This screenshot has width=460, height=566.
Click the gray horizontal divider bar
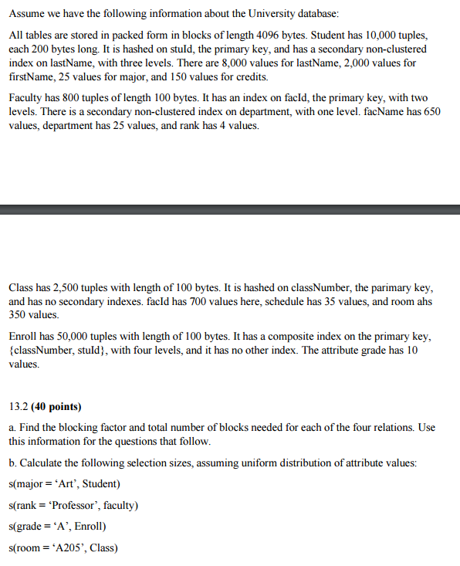click(230, 209)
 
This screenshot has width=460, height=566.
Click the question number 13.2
click(19, 406)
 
